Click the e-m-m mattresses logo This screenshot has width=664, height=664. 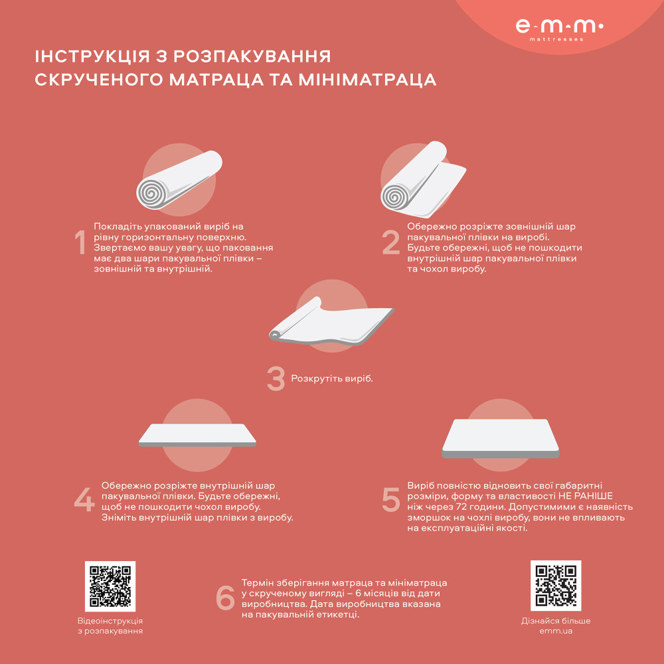559,28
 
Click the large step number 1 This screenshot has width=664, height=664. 80,244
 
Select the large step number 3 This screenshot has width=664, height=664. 276,379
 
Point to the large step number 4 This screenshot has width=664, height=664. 84,501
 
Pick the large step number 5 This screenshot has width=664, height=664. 391,500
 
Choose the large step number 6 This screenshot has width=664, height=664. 226,598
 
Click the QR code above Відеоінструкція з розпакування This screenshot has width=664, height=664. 110,586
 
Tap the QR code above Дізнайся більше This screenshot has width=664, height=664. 556,586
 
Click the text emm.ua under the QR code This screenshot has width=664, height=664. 556,631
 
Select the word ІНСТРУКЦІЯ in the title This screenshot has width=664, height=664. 85,56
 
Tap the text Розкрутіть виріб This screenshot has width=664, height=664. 332,379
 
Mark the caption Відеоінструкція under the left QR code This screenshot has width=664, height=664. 110,621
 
